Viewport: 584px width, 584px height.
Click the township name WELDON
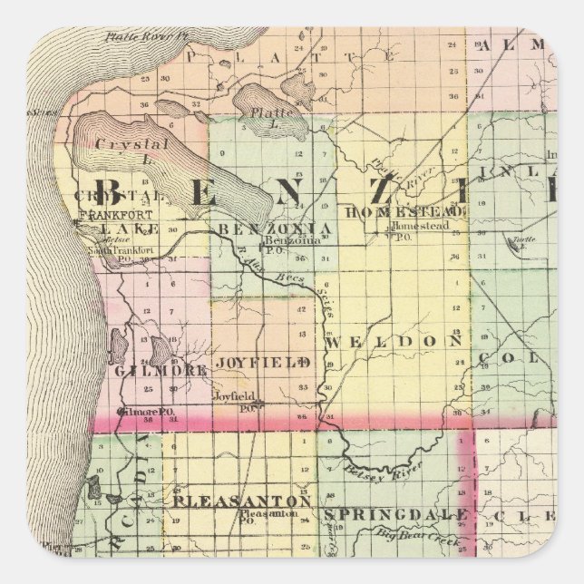click(394, 341)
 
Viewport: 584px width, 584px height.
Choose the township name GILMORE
click(161, 370)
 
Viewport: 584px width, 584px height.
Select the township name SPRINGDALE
click(395, 515)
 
